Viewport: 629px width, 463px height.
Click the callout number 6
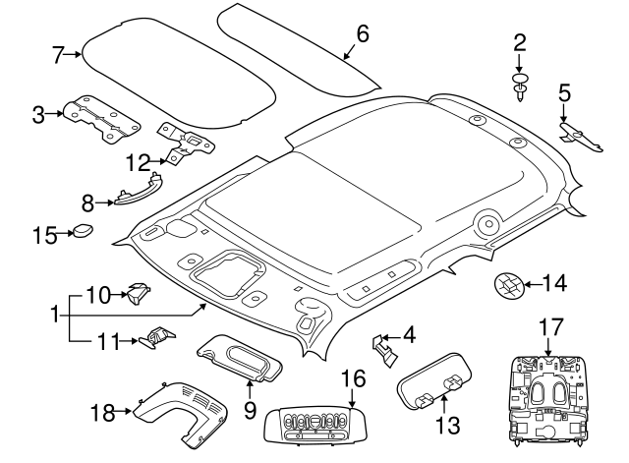tap(362, 34)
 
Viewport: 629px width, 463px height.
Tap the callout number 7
tap(58, 54)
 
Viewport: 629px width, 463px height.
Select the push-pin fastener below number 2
tap(519, 87)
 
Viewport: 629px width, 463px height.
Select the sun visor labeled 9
tap(241, 357)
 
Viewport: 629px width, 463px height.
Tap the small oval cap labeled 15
tap(84, 232)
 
